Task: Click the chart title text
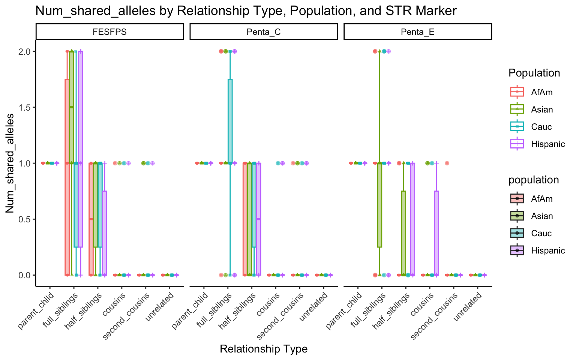point(246,10)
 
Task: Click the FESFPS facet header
point(109,32)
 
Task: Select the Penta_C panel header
point(264,32)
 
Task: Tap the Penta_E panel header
point(417,32)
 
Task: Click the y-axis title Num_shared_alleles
point(10,163)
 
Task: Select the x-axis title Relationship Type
point(264,349)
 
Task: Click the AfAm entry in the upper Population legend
point(541,92)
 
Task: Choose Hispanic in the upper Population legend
point(547,144)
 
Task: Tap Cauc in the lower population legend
point(541,233)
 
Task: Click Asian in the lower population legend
point(542,216)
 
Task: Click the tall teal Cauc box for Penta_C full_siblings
point(230,120)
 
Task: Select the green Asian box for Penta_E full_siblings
point(379,204)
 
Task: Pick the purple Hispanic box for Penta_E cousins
point(436,232)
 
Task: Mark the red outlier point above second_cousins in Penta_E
point(447,163)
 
